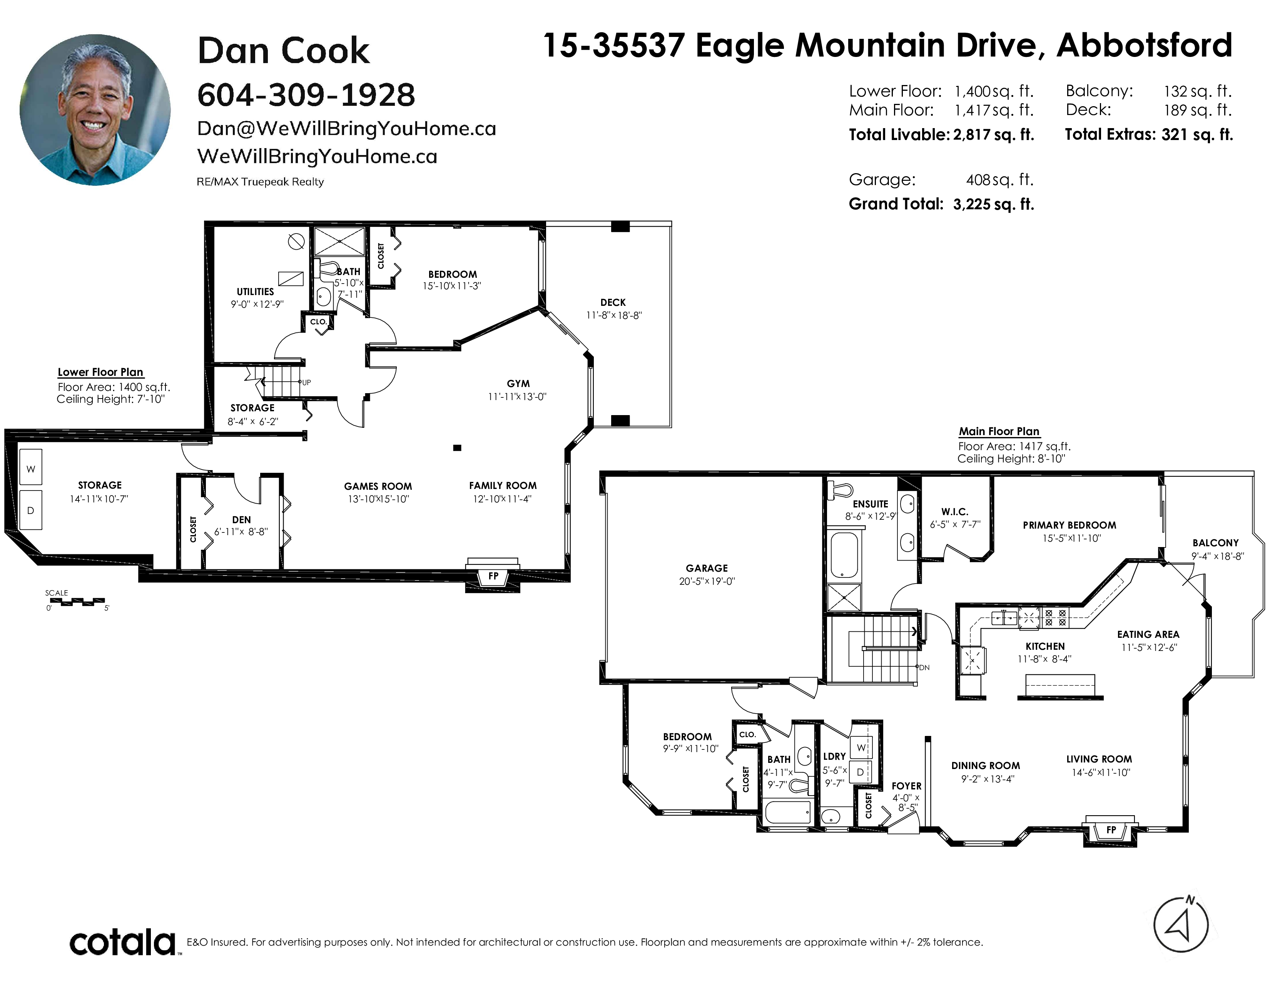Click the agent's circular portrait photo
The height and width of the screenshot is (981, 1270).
[x=95, y=110]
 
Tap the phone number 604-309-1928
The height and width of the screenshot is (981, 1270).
[x=306, y=95]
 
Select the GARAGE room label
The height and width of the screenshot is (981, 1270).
[x=707, y=568]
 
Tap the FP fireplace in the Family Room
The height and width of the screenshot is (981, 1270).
[x=493, y=576]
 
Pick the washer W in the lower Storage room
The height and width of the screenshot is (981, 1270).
[x=31, y=469]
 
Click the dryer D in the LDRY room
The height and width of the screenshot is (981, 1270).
[x=860, y=772]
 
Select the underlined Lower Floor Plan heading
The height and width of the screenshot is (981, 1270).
[x=100, y=372]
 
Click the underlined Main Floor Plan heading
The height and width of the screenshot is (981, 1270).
[x=999, y=431]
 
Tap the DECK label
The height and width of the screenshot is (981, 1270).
[x=613, y=302]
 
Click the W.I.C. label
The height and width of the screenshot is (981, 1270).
[x=955, y=511]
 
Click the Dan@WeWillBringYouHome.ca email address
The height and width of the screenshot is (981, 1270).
[x=347, y=129]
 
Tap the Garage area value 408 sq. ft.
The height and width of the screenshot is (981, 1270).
[x=999, y=180]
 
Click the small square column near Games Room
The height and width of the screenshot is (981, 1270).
[x=457, y=447]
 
